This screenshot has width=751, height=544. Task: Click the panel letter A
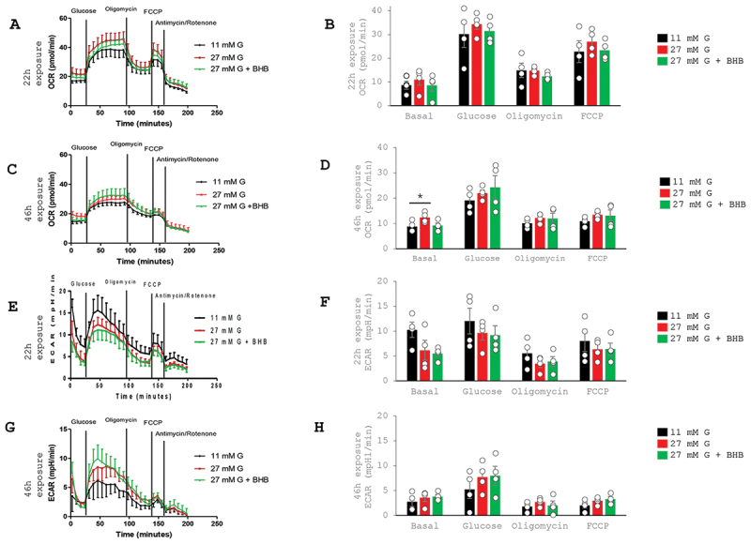point(13,24)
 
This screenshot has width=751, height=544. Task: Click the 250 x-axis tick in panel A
point(217,113)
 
